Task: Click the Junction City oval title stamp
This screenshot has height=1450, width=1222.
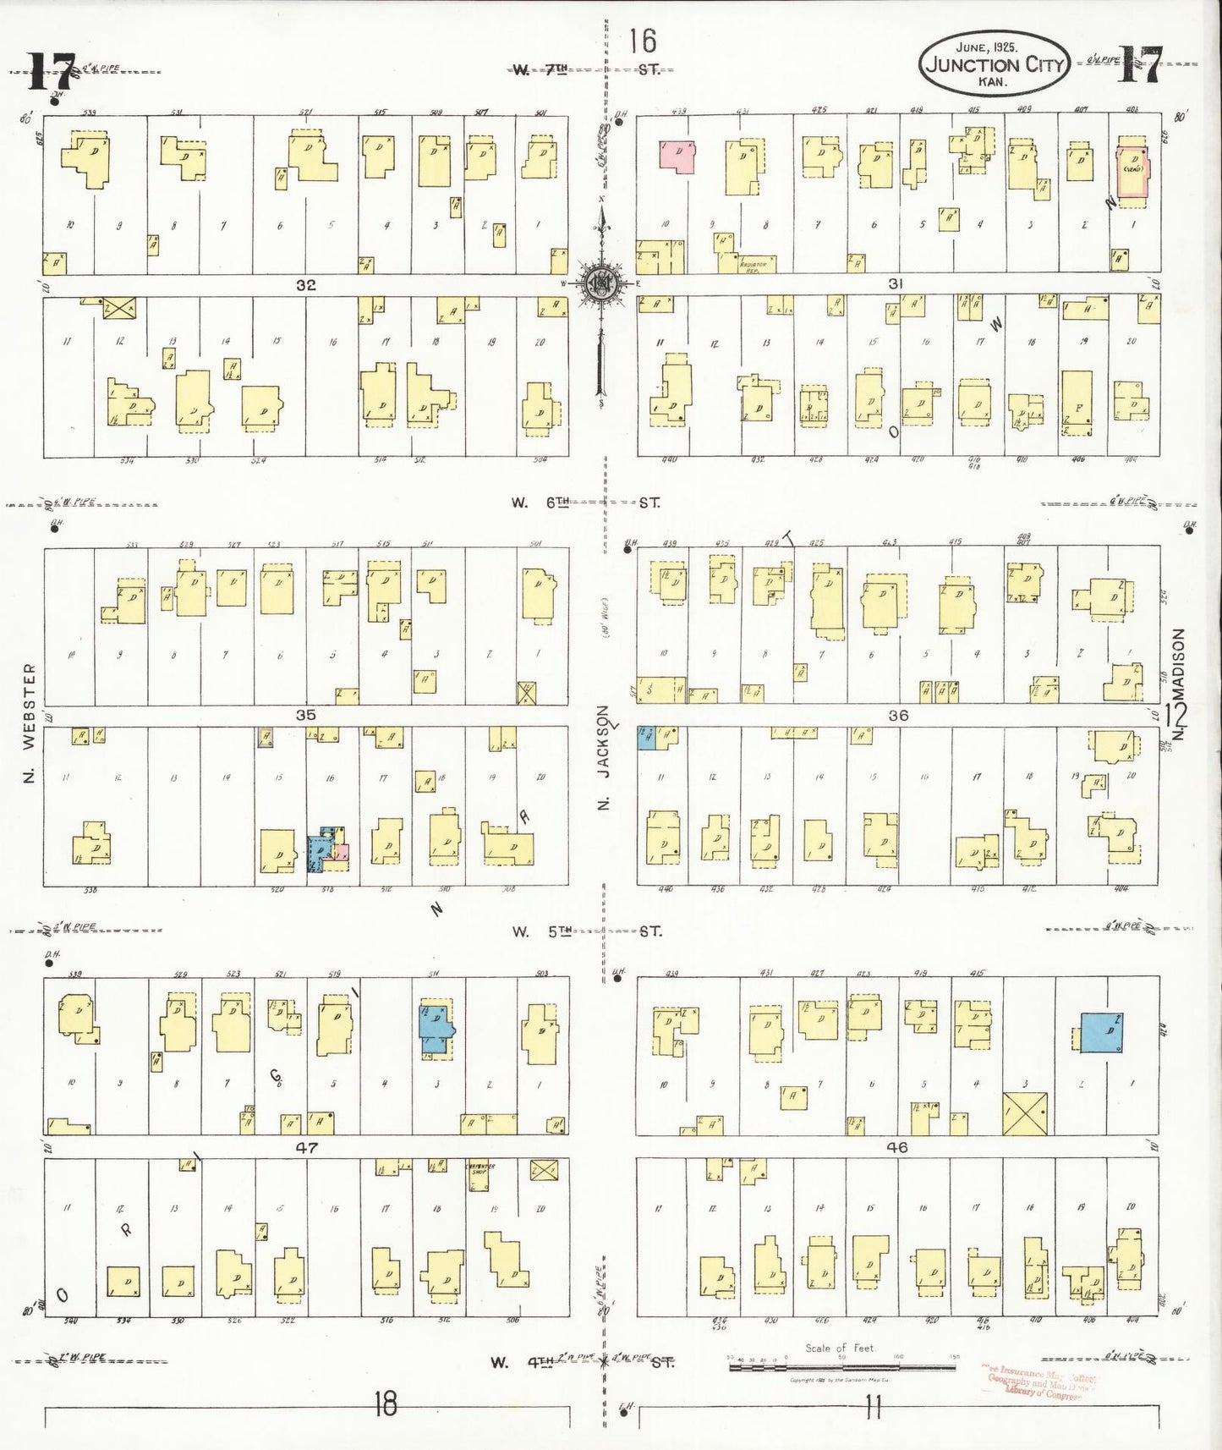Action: (995, 64)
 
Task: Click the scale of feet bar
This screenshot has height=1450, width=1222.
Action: (841, 1365)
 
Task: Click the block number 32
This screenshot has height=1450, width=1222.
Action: (305, 285)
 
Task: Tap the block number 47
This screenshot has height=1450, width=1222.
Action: (305, 1148)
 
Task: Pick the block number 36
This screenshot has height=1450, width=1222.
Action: (898, 715)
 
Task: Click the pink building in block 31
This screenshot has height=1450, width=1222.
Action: (677, 157)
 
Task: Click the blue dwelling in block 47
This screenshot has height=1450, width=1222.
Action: (436, 1027)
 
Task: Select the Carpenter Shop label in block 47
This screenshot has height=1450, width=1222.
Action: (480, 1168)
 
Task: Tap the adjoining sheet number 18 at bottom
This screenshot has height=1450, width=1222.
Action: (386, 1405)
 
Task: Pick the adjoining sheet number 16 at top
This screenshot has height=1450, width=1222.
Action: (643, 40)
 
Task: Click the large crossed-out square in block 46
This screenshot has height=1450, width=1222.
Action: (1025, 1113)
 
